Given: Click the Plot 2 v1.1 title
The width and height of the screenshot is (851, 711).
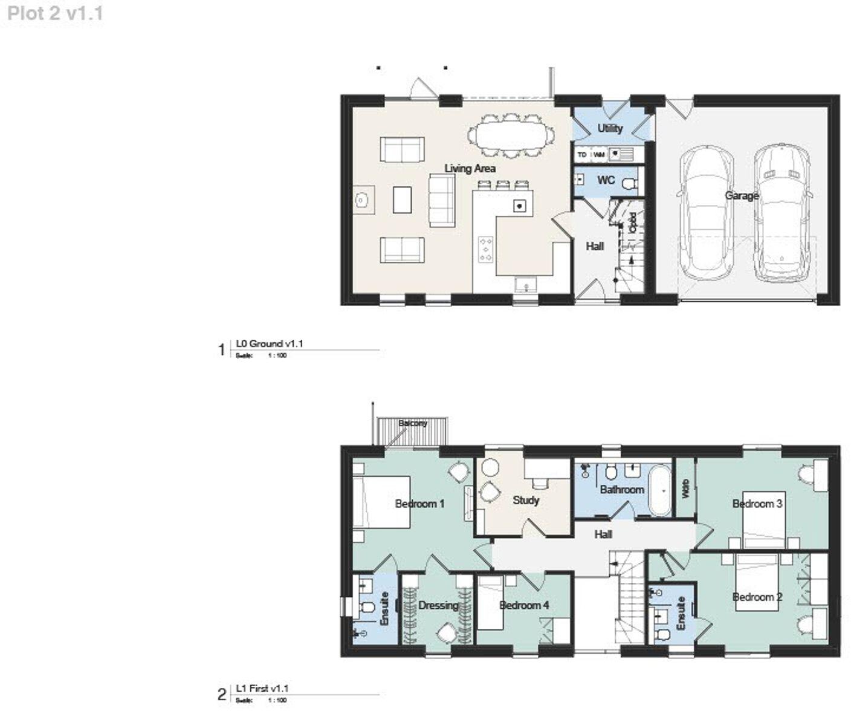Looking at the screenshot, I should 55,13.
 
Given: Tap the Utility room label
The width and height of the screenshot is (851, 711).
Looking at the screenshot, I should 610,128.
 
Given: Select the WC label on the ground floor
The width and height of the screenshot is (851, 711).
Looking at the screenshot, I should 606,180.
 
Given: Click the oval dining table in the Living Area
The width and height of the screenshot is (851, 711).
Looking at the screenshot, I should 512,136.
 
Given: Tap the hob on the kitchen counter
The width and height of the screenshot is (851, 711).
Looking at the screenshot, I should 485,249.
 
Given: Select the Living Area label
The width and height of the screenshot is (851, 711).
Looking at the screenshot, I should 470,169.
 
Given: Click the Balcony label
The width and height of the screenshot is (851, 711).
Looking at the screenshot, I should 413,423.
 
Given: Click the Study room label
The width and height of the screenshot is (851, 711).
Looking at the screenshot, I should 525,500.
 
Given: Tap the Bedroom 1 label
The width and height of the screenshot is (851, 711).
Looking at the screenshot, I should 419,504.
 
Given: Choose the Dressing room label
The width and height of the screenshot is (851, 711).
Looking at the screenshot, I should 438,605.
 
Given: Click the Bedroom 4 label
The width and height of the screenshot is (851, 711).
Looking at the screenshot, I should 524,605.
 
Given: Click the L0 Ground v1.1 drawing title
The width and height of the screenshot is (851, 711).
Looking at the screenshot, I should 270,343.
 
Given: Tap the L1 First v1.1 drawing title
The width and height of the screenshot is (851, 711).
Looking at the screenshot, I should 262,688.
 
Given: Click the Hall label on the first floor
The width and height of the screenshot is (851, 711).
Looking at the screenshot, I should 603,534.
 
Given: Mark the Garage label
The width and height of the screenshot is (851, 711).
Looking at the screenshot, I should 742,196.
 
